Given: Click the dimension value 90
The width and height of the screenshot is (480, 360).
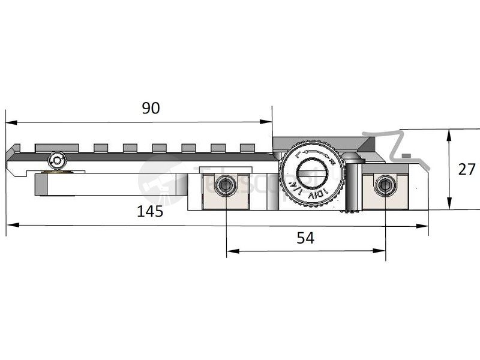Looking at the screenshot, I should pyautogui.click(x=151, y=108).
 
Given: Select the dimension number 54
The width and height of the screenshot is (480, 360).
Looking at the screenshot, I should pyautogui.click(x=305, y=238).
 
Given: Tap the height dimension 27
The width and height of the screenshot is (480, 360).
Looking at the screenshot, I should pyautogui.click(x=466, y=169).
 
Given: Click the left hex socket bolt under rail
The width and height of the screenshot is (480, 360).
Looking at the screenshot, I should pyautogui.click(x=226, y=185).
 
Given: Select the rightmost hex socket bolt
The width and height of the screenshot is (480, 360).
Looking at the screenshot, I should pyautogui.click(x=385, y=185).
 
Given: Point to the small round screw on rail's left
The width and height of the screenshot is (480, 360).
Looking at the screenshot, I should pyautogui.click(x=58, y=160).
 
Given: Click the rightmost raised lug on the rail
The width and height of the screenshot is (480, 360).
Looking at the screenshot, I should pyautogui.click(x=248, y=147).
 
